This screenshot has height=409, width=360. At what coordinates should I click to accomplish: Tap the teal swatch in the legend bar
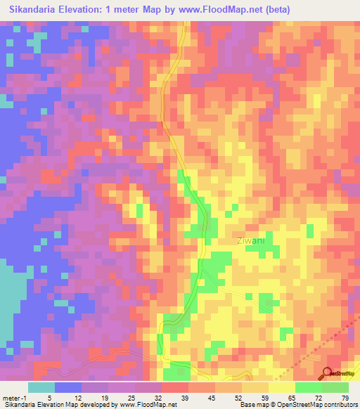pyautogui.click(x=41, y=387)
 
